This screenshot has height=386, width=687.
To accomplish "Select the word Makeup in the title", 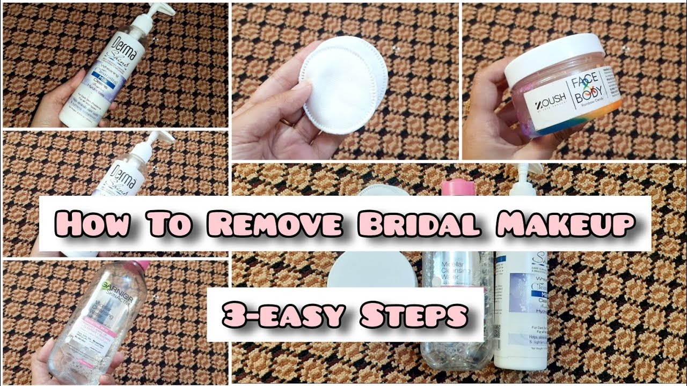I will [x=564, y=224].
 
